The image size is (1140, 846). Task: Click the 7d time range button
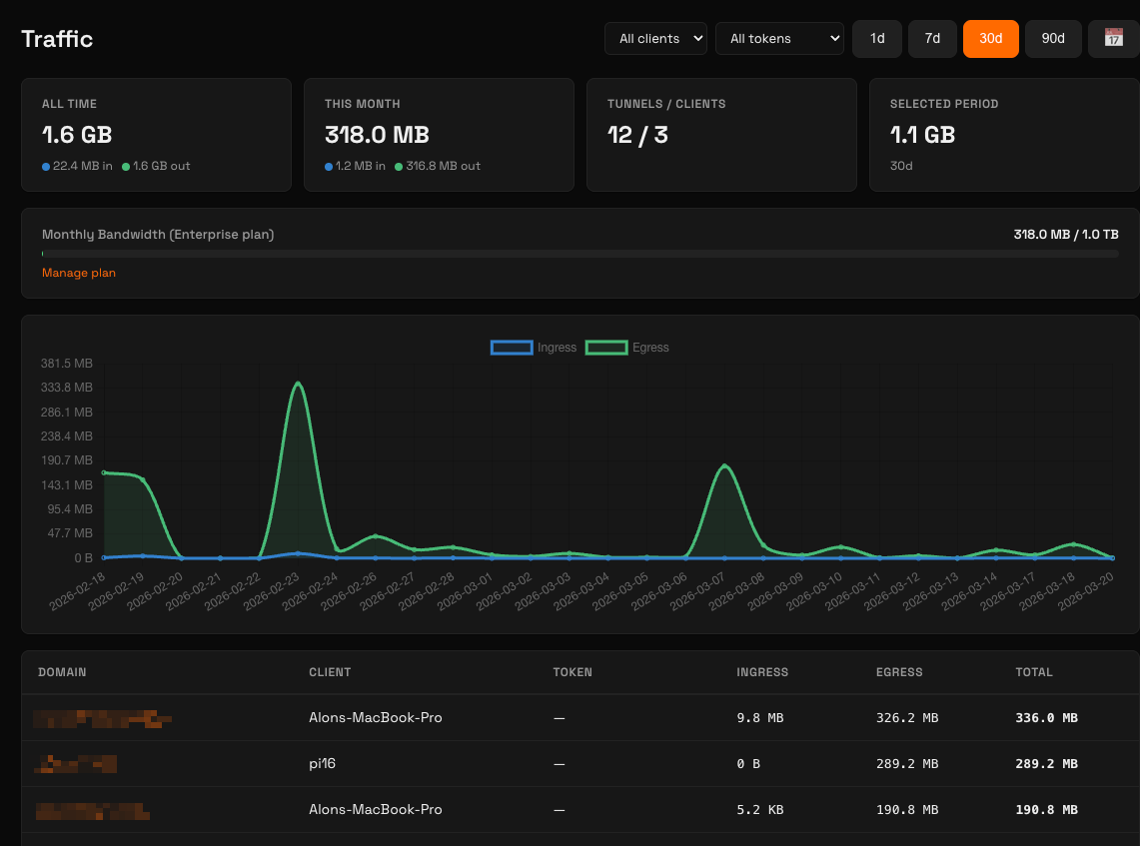click(932, 39)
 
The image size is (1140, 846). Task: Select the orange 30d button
click(990, 39)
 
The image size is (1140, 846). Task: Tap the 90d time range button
click(1053, 39)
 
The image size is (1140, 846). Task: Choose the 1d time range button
click(877, 39)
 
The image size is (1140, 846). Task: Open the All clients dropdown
click(655, 39)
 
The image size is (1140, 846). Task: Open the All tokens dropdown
click(779, 39)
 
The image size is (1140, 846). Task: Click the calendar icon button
click(1113, 39)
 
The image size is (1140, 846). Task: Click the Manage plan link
click(79, 273)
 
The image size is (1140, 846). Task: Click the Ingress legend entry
click(534, 348)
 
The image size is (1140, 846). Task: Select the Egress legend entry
click(627, 348)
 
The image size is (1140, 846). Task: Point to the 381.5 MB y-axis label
click(67, 364)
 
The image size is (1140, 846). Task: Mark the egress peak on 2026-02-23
click(298, 383)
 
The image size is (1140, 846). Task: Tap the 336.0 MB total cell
click(1046, 717)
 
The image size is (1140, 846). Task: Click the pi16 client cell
click(324, 763)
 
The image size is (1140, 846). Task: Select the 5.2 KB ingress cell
click(758, 809)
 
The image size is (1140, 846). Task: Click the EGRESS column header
click(899, 672)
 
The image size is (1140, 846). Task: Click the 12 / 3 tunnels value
click(637, 135)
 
